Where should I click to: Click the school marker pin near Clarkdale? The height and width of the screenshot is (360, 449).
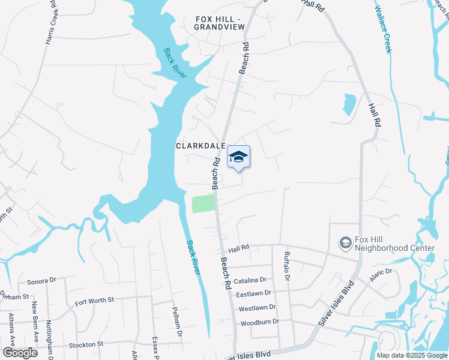(238, 157)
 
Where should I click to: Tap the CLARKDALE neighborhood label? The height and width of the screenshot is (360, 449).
(200, 146)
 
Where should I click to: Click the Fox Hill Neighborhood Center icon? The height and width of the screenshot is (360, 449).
(346, 243)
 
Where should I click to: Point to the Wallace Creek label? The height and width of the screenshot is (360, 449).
(382, 29)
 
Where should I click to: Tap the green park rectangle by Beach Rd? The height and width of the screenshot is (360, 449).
(203, 203)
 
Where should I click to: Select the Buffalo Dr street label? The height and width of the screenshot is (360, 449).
(287, 266)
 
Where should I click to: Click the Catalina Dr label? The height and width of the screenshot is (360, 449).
(251, 280)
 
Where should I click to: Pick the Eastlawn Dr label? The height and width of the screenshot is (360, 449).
(253, 293)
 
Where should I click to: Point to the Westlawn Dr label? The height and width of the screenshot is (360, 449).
(257, 307)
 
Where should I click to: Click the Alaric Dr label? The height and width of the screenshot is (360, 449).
(381, 272)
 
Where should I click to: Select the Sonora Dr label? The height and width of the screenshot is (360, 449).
(41, 280)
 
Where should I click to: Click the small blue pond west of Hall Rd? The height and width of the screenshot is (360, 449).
(349, 104)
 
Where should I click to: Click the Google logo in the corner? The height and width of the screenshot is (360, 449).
(20, 353)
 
